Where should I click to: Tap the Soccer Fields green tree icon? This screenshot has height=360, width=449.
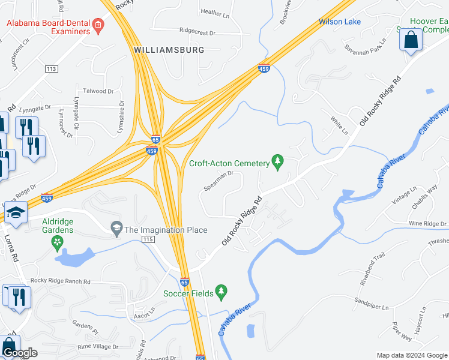[221, 292]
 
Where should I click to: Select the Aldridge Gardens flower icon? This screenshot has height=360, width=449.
[58, 242]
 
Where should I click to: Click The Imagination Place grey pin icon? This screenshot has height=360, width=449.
[116, 229]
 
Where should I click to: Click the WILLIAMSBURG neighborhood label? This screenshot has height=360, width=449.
[169, 50]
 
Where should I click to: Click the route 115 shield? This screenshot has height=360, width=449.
[148, 239]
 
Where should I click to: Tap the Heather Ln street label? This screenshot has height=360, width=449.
[211, 12]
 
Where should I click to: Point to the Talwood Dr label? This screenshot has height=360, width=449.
[98, 91]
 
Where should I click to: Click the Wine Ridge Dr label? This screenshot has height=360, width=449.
[428, 224]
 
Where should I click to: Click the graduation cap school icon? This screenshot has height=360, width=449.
[16, 213]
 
